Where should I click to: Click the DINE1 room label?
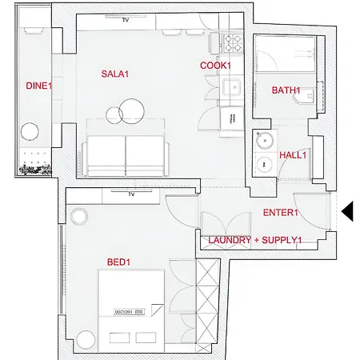[x=38, y=85]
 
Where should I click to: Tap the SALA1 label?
[x=115, y=74]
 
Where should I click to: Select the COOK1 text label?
[x=215, y=66]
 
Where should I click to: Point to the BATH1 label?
[x=286, y=90]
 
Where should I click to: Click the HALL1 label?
[x=293, y=154]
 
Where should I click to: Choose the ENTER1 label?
[x=280, y=213]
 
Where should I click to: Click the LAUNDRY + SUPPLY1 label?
[x=254, y=240]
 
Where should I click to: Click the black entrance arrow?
[x=347, y=211]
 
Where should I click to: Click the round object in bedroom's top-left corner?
[x=79, y=217]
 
